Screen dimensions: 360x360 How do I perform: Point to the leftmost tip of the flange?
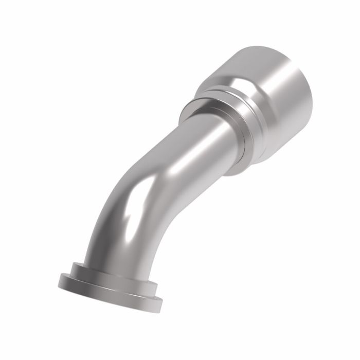point(57,280)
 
